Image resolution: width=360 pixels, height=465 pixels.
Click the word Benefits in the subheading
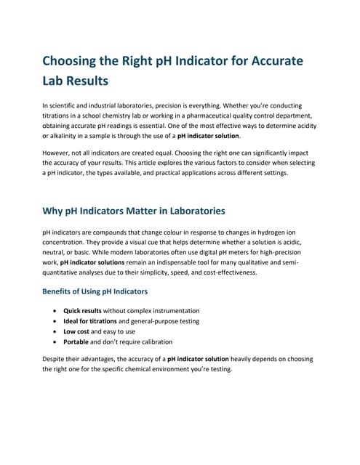click(x=63, y=291)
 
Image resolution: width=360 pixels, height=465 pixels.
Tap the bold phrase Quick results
click(x=85, y=311)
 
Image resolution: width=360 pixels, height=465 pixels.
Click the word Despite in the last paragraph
click(x=58, y=359)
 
